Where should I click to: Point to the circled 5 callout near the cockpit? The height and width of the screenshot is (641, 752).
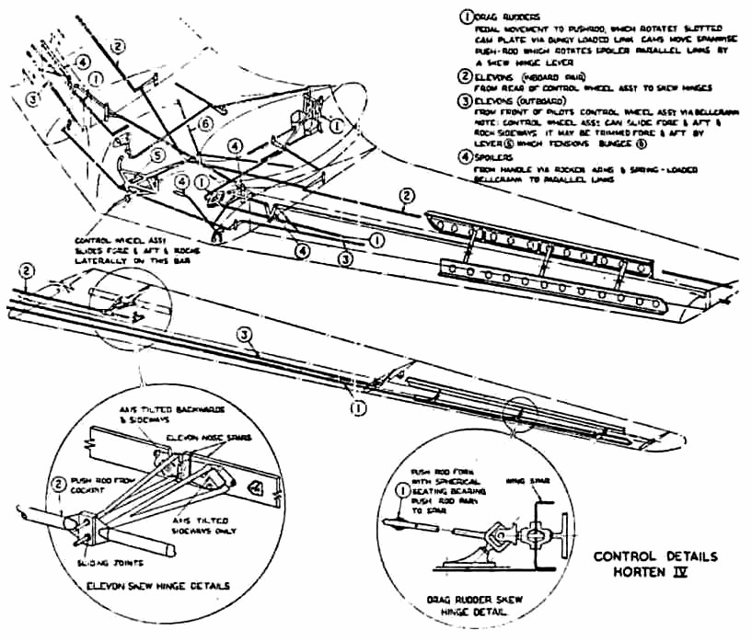158,157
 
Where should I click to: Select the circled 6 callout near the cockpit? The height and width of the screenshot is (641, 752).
206,122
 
